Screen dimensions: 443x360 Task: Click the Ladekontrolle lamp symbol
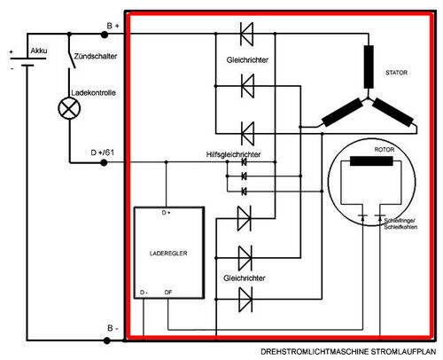click(x=69, y=108)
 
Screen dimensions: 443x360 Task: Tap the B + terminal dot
click(x=105, y=35)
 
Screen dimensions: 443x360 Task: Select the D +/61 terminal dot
click(x=104, y=162)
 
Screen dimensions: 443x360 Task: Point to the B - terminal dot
click(x=107, y=340)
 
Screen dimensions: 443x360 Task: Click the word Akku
click(x=39, y=51)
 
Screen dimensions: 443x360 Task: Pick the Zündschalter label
click(x=96, y=56)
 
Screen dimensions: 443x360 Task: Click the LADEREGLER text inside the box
click(x=168, y=254)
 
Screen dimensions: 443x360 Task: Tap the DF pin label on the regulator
click(x=168, y=293)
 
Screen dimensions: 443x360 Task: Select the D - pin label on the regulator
click(x=144, y=293)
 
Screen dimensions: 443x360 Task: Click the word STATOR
click(x=396, y=73)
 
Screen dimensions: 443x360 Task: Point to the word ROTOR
click(x=385, y=150)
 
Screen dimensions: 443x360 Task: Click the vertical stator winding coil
click(x=369, y=67)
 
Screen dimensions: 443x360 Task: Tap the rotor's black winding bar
click(x=371, y=161)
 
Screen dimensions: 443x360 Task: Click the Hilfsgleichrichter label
click(x=233, y=154)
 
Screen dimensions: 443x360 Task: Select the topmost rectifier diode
click(x=246, y=34)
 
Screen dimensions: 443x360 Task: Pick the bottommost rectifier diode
click(x=245, y=300)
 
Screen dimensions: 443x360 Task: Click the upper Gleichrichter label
click(x=247, y=60)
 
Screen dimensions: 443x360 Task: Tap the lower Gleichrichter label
click(x=245, y=278)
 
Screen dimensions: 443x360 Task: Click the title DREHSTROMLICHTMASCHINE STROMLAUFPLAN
click(x=348, y=352)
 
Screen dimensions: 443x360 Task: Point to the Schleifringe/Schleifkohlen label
click(x=400, y=223)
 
